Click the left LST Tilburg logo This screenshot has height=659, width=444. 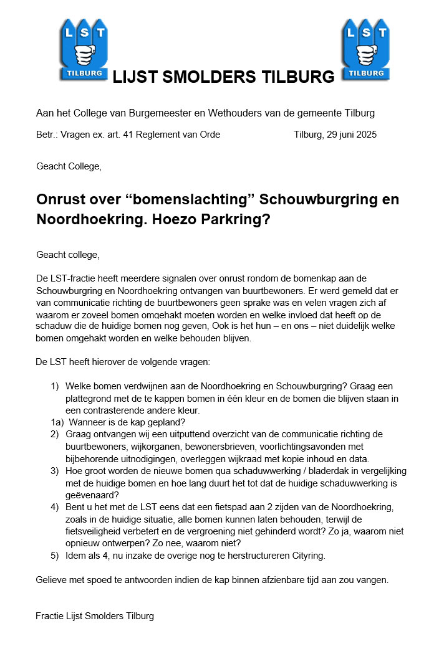click(x=84, y=49)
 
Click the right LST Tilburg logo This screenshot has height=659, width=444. click(x=365, y=49)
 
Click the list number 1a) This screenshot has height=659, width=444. click(x=57, y=422)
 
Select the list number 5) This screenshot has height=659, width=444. click(x=55, y=556)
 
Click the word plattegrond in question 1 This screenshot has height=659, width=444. click(x=89, y=398)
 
